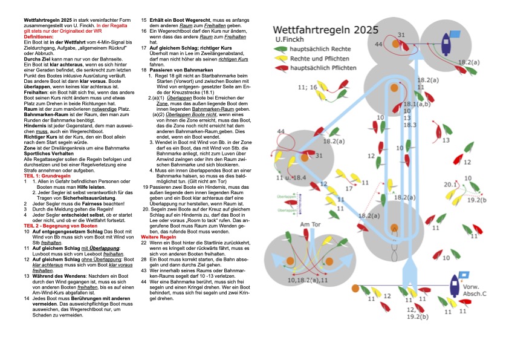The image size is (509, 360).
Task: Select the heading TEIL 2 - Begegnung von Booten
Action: click(x=60, y=225)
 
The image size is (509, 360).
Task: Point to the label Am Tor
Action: click(x=310, y=224)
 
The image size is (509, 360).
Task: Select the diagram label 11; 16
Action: click(x=307, y=88)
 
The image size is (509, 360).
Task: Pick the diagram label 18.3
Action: click(x=410, y=125)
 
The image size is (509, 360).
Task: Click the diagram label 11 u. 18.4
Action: click(x=291, y=178)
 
